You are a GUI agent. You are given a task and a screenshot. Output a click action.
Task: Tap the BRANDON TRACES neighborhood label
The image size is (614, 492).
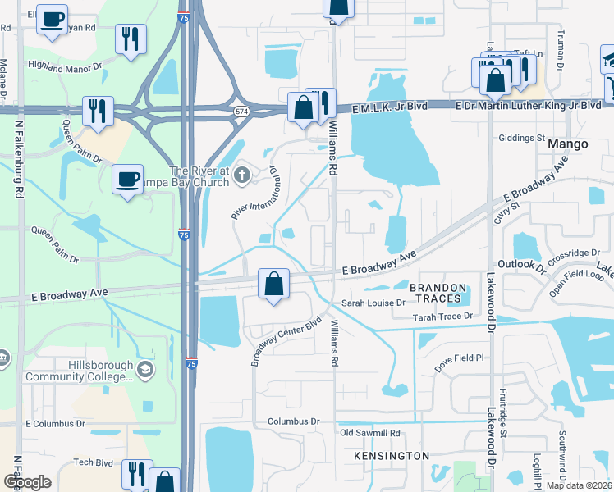[438, 294]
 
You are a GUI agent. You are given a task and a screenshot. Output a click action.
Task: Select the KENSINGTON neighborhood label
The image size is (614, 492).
[392, 455]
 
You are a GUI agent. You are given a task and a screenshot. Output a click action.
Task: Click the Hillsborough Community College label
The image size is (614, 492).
[78, 370]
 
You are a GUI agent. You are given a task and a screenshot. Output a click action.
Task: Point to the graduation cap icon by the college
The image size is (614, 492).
[145, 371]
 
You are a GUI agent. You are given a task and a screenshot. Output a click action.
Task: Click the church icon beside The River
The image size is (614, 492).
[242, 174]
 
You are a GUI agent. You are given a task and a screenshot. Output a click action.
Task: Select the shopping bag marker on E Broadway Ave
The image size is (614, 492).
[274, 284]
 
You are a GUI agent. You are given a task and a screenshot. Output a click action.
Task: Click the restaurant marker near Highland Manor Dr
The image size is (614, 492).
[131, 38]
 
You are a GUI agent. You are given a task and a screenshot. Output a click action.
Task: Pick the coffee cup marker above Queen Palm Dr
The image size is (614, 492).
[127, 178]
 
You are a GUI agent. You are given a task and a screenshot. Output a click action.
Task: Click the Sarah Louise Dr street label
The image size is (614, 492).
[373, 303]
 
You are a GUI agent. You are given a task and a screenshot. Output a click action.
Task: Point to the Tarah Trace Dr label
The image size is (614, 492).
[443, 316]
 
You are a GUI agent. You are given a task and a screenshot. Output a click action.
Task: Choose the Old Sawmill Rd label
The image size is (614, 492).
[369, 432]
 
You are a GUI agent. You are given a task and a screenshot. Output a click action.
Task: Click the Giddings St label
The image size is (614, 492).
[522, 138]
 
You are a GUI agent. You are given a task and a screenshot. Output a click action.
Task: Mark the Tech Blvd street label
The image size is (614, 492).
[92, 462]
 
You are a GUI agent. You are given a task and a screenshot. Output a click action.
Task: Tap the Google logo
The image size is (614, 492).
[27, 482]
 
